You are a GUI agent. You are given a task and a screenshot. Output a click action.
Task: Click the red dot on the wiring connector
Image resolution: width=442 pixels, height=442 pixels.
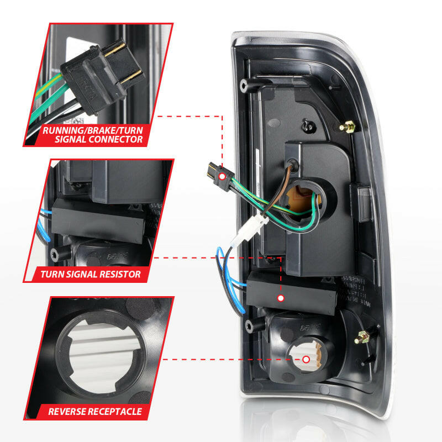click(222, 176)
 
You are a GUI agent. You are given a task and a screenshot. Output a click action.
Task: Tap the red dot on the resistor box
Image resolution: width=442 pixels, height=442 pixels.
click(281, 298)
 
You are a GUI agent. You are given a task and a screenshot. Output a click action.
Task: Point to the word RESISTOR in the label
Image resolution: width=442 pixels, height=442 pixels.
click(114, 273)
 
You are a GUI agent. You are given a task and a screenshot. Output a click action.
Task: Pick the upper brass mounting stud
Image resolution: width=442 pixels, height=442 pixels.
click(348, 128)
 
